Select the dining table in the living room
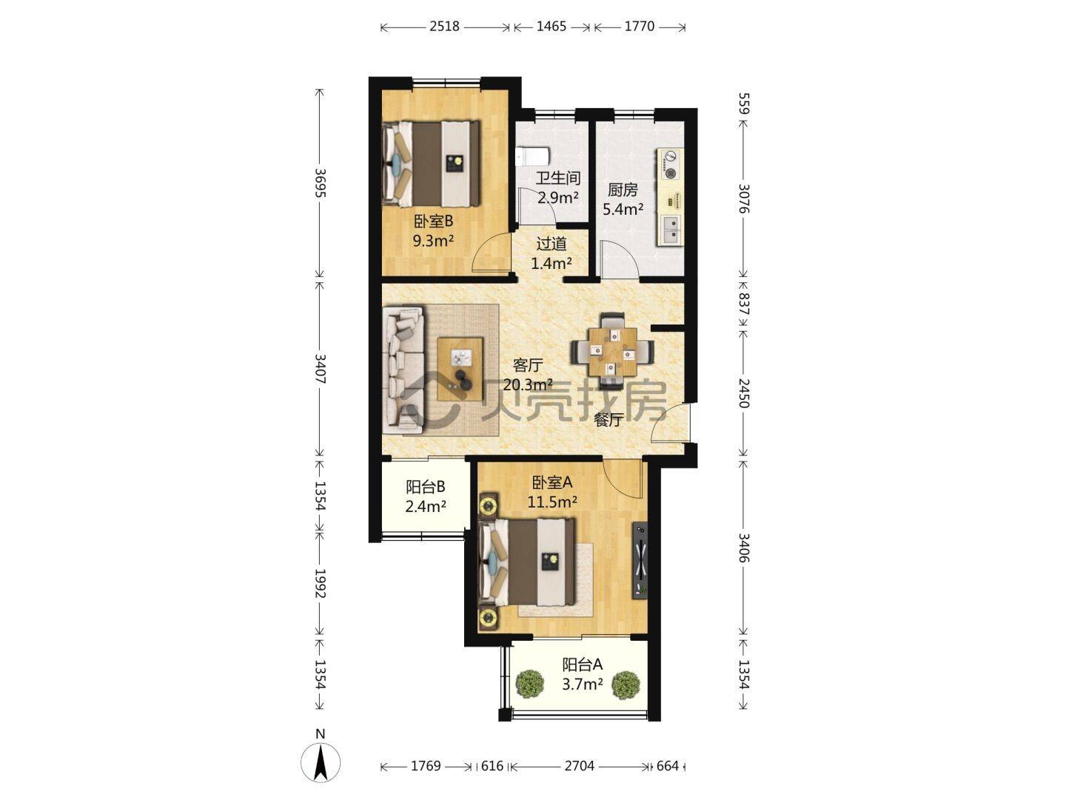coord(612,352)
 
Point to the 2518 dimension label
coord(444,26)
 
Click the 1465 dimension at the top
coord(552,26)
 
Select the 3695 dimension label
coord(319,183)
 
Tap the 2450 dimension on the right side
coord(743,393)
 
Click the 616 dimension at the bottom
coord(492,766)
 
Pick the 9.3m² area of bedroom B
coord(433,241)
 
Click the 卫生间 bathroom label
coord(558,179)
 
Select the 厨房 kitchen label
coord(623,190)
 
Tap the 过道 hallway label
coord(552,244)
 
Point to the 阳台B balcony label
coord(426,487)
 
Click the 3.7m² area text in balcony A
coord(583,684)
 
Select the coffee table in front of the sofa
coord(120,369)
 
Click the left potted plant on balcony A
coord(529,684)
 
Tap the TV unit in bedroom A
coord(640,561)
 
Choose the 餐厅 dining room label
coord(609,420)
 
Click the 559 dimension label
coord(743,104)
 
